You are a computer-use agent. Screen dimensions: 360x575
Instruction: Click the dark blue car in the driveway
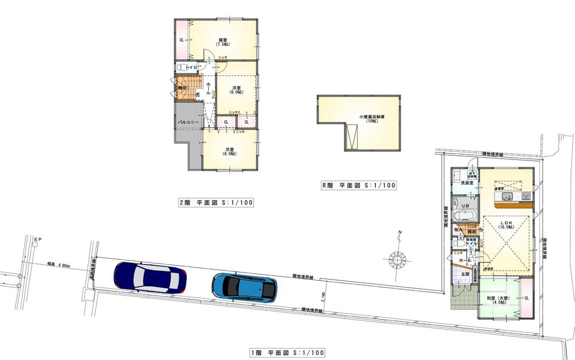coord(150,276)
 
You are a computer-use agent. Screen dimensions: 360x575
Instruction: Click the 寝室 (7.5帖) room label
coord(222,42)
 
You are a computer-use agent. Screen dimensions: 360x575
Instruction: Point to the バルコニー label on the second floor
coord(187,122)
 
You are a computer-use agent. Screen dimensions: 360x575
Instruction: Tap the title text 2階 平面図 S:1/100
coord(216,202)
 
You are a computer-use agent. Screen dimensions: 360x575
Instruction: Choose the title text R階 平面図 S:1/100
coord(359,186)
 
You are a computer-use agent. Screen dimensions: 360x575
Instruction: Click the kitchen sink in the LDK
coord(507,198)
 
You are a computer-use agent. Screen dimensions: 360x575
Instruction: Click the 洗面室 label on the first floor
coord(466,183)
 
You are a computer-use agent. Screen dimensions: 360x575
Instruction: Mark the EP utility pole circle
coord(35,244)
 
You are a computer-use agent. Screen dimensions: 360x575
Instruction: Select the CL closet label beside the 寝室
coord(181,40)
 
